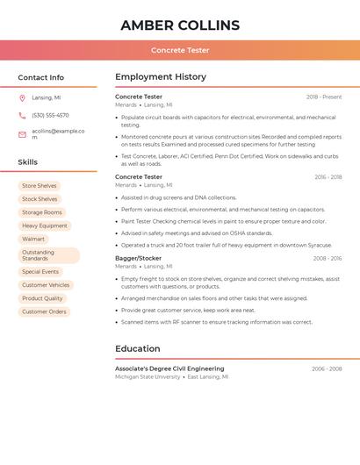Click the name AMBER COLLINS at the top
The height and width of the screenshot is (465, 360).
click(x=180, y=25)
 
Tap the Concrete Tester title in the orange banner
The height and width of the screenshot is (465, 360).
click(x=180, y=50)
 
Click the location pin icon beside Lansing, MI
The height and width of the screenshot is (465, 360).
click(x=22, y=98)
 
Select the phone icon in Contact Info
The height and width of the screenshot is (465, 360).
click(x=22, y=116)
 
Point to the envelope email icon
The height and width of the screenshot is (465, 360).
click(x=22, y=134)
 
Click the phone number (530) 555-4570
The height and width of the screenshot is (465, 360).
click(x=50, y=116)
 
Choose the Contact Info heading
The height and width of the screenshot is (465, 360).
click(x=40, y=77)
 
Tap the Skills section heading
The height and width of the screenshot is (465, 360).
click(x=27, y=162)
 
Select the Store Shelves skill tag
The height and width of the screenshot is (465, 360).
click(x=40, y=186)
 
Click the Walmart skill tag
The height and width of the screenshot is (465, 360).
click(x=33, y=239)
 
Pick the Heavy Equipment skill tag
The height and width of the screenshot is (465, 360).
click(x=45, y=225)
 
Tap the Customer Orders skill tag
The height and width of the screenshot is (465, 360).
click(x=44, y=311)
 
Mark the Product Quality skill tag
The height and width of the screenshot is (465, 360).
click(x=42, y=298)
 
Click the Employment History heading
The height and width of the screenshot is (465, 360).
click(x=161, y=77)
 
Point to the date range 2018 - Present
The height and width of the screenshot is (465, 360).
click(x=324, y=97)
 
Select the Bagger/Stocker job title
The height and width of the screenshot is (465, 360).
click(x=138, y=259)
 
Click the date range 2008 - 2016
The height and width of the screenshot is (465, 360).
click(x=328, y=259)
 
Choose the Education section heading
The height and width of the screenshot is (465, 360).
click(x=137, y=348)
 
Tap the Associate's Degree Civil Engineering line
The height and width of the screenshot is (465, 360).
click(x=169, y=369)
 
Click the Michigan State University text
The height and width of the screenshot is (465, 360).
click(x=148, y=376)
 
